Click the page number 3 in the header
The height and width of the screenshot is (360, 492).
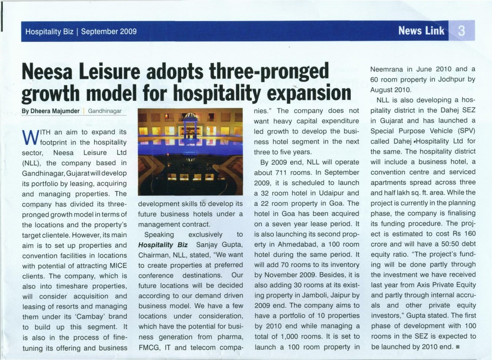(461, 31)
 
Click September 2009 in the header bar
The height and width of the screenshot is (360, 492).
(109, 32)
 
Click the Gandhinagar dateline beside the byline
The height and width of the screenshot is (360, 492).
(104, 111)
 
